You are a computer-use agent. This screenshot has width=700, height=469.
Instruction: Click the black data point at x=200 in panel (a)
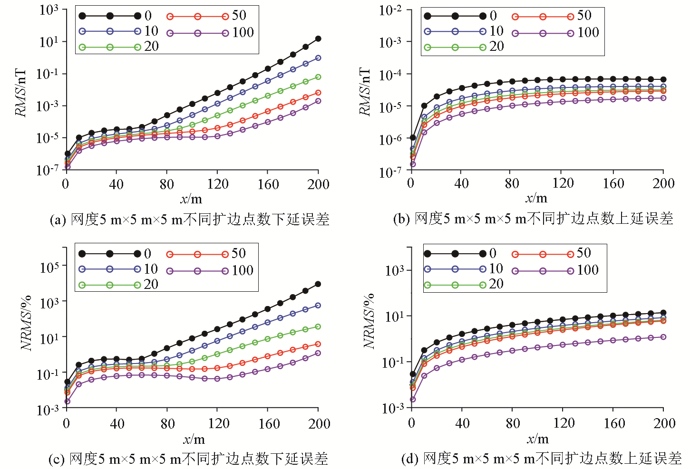[318, 39]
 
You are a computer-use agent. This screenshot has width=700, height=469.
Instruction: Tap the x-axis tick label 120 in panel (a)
[217, 184]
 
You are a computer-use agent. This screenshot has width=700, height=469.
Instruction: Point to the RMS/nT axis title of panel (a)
[21, 92]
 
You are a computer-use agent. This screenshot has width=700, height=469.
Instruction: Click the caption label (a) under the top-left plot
[58, 220]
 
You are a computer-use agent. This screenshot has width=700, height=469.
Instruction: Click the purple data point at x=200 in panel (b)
[663, 98]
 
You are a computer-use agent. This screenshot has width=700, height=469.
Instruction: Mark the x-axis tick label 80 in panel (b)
[512, 183]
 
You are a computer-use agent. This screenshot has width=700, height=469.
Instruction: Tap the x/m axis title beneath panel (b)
[536, 198]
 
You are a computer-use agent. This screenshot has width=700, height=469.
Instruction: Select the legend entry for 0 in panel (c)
[115, 254]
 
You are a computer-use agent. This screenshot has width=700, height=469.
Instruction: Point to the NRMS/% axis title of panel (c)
[26, 323]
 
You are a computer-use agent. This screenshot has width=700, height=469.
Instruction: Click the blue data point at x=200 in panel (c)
[318, 306]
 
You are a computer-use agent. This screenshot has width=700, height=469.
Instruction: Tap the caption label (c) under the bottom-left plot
[57, 459]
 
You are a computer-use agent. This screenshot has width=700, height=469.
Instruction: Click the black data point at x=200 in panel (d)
[663, 313]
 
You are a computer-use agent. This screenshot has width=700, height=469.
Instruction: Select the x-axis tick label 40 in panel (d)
[462, 423]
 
